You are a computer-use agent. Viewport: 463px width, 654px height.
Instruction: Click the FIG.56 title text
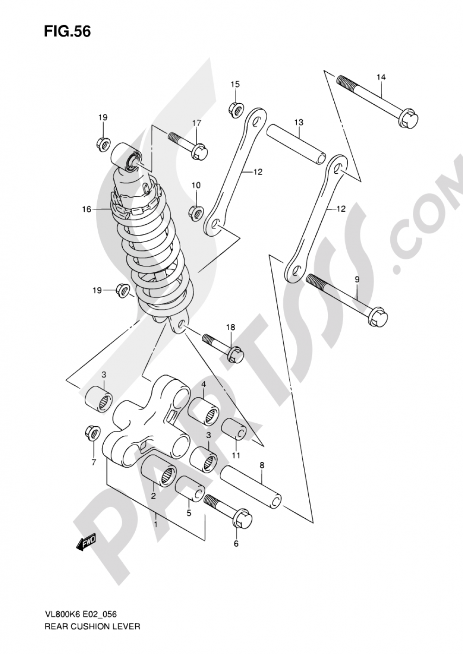tap(68, 31)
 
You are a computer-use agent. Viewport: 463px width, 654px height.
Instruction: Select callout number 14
tap(381, 77)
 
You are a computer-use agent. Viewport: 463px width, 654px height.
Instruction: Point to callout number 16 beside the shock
tap(87, 209)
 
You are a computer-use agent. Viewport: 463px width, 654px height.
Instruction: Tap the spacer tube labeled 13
tap(296, 145)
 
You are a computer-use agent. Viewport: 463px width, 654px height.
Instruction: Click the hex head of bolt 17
tap(200, 151)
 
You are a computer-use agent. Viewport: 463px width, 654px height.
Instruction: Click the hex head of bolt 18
tap(235, 355)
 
